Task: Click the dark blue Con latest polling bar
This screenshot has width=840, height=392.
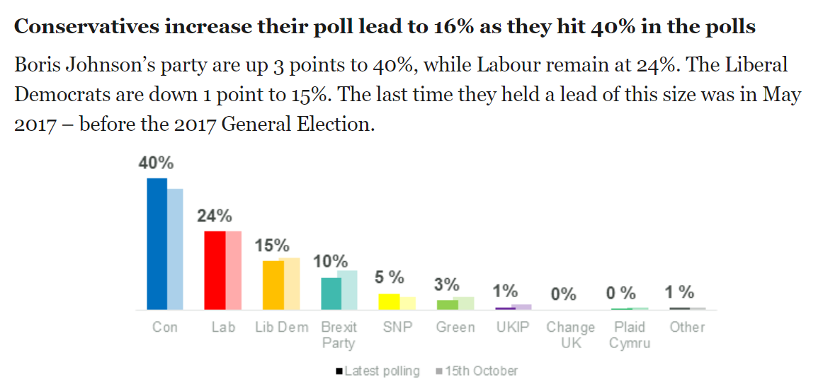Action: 157,244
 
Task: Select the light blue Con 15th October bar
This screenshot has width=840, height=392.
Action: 175,249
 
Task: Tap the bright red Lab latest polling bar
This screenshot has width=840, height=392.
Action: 215,270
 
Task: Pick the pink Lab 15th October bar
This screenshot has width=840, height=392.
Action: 234,270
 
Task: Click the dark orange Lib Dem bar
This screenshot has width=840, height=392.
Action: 273,285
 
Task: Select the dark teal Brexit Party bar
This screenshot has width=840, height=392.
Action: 331,294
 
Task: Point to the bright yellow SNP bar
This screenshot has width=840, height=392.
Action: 389,301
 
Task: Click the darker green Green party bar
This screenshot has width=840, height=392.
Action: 447,305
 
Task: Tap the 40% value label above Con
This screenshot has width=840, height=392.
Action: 156,163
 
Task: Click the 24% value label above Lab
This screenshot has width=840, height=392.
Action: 215,216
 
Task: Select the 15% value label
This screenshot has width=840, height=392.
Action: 273,246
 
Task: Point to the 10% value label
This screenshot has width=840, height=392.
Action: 331,261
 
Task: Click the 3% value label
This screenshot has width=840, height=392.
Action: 446,285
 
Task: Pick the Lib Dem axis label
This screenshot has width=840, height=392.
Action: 281,328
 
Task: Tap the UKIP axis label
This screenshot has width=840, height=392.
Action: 513,328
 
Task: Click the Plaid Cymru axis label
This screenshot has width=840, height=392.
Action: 630,335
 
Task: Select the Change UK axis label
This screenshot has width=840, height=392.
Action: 570,335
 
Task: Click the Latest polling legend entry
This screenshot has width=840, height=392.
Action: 378,371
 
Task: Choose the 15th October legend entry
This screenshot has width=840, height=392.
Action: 477,371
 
